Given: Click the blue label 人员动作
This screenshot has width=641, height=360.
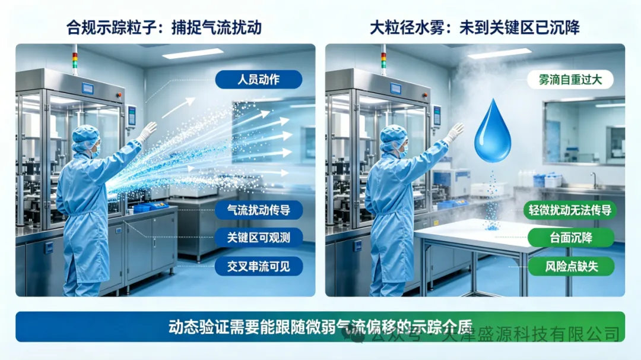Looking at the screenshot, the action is click(259, 80).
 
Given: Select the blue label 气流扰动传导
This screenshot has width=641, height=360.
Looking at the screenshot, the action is click(259, 210).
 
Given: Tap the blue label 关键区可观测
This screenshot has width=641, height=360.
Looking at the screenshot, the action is click(259, 238).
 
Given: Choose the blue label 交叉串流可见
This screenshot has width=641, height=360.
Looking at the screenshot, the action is click(259, 267).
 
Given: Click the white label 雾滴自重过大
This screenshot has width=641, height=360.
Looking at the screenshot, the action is click(570, 80).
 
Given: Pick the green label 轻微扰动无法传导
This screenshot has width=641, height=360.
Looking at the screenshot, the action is click(570, 210).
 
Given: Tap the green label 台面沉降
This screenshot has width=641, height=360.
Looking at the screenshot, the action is click(571, 238).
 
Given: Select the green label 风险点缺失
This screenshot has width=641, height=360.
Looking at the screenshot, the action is click(571, 267).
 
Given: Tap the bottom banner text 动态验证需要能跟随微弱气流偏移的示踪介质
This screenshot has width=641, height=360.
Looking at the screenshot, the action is click(320, 327).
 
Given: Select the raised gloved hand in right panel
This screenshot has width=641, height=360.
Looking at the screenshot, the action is click(455, 132).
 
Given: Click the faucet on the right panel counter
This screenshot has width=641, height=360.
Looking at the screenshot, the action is click(594, 179).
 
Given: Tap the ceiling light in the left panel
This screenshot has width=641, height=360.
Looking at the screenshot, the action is click(193, 53).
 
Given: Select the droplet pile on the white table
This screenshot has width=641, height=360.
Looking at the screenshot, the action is click(491, 225).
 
